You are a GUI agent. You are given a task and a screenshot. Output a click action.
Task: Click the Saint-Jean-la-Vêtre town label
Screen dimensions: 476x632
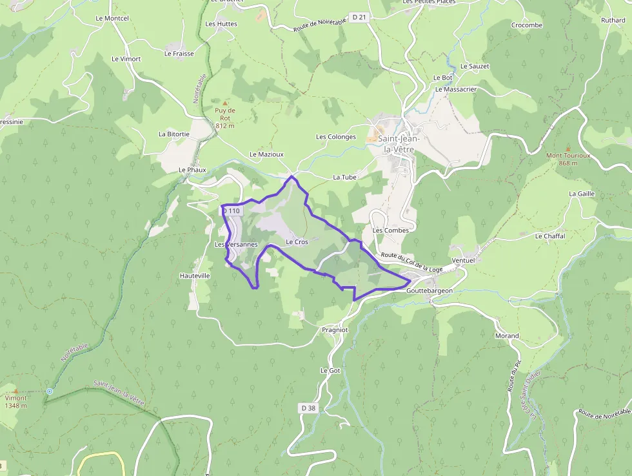click(399, 143)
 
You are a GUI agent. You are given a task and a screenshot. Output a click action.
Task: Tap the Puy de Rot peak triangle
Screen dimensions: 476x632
click(225, 103)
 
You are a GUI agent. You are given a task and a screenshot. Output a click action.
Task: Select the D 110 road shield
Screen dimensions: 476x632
click(231, 211)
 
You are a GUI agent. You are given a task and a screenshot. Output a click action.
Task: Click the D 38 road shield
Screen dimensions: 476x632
click(308, 408)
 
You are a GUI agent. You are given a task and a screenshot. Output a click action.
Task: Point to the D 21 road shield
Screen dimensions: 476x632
click(359, 17)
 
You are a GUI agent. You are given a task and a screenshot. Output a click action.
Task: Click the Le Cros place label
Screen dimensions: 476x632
click(297, 242)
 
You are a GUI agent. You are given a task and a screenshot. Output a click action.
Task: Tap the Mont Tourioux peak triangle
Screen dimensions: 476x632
click(568, 148)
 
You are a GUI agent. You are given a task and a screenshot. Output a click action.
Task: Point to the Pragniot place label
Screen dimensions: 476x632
click(335, 329)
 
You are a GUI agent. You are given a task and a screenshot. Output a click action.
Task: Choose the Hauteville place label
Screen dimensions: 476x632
click(195, 276)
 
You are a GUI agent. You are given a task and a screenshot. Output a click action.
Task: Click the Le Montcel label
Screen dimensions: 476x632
click(112, 19)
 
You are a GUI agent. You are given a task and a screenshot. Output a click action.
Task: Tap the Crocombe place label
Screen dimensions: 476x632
click(527, 25)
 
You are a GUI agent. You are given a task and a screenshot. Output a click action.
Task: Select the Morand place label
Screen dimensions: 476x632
click(507, 336)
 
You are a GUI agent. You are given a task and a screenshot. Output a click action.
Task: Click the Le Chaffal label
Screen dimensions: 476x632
click(549, 236)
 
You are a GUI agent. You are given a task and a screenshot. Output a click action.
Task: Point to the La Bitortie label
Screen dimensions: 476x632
click(174, 134)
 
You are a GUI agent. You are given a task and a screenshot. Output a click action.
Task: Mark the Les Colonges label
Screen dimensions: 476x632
click(335, 137)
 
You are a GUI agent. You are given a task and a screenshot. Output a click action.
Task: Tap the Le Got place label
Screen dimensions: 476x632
click(330, 371)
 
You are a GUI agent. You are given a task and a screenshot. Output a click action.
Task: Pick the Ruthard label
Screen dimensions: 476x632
click(613, 21)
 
